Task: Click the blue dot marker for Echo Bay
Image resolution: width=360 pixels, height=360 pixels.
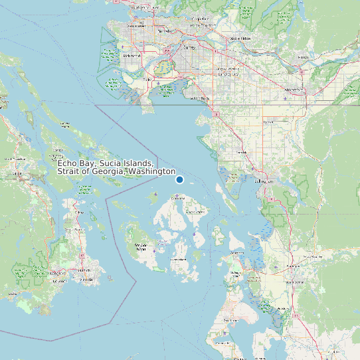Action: [x=179, y=179]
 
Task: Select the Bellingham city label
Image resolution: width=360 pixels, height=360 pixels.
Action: [x=264, y=181]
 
